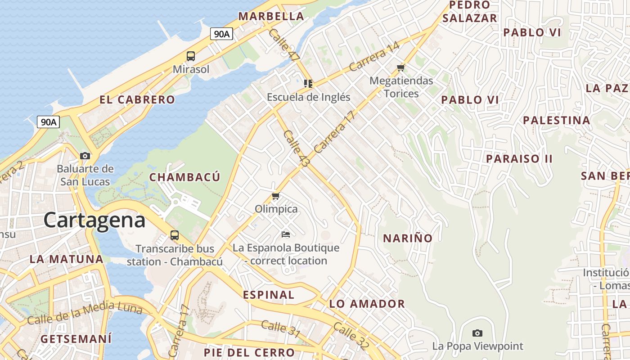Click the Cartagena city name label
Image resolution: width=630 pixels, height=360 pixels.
tap(94, 220)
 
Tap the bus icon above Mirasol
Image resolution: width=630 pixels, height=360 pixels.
tap(191, 56)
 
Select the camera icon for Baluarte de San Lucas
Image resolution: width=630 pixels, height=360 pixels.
tap(85, 156)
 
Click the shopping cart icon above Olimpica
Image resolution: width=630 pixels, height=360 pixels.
tap(276, 196)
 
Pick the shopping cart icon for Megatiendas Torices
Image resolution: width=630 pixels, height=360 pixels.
tap(400, 68)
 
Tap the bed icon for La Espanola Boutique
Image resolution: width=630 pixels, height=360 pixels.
tap(286, 234)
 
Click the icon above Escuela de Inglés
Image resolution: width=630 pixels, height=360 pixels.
tap(308, 84)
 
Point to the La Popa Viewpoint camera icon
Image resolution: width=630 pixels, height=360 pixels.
tap(477, 333)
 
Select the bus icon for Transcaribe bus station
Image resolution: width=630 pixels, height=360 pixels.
tap(174, 235)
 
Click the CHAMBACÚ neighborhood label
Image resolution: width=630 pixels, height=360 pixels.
tap(185, 177)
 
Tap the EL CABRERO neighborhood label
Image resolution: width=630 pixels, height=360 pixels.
tap(137, 100)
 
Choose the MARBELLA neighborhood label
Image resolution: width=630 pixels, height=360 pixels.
tap(271, 16)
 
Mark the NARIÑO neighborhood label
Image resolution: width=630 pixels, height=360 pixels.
tap(408, 238)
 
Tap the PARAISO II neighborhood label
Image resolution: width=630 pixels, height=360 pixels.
tap(519, 159)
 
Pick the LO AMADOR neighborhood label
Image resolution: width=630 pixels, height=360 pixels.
tap(367, 304)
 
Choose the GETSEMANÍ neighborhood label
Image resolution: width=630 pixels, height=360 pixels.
tap(76, 339)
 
